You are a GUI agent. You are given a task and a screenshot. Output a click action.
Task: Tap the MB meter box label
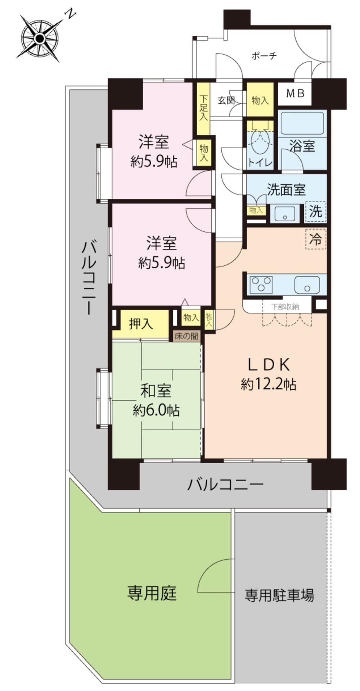click(295, 94)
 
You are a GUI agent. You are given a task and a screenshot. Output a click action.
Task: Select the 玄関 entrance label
click(226, 100)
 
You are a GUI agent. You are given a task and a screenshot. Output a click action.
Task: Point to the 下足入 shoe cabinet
click(204, 108)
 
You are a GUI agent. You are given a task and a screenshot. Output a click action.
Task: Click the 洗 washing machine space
click(316, 211)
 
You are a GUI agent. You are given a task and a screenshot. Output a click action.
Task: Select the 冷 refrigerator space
click(316, 239)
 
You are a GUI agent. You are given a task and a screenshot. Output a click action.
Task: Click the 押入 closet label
click(141, 324)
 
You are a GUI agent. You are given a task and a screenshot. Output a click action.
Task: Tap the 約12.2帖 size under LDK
click(269, 385)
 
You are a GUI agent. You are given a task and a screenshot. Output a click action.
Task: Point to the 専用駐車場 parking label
click(279, 595)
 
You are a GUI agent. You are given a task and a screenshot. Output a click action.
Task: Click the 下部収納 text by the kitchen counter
click(285, 307)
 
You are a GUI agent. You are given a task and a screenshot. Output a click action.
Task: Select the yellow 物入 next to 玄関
click(260, 100)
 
